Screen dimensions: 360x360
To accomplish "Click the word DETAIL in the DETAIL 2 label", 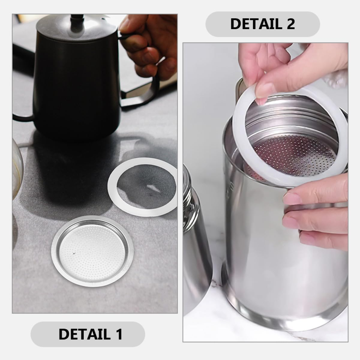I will [x=251, y=24].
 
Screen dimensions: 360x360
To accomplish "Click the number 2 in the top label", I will [x=290, y=24].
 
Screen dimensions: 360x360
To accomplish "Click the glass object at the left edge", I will [x=17, y=168].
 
